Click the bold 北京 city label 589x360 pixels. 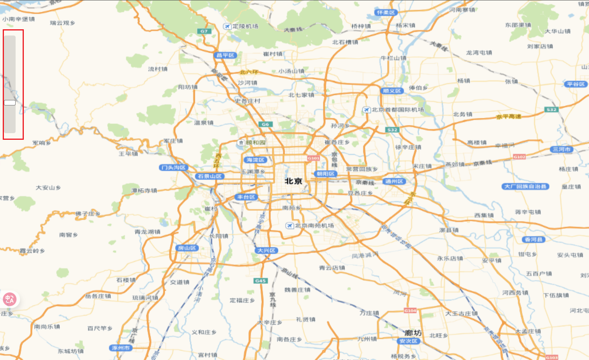[294, 181]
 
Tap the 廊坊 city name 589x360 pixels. [413, 333]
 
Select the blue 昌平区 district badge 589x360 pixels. [226, 55]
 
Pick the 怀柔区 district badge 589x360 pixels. [386, 12]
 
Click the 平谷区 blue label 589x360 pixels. [576, 84]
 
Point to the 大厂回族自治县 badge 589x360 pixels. [525, 187]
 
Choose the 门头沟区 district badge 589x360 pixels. [174, 168]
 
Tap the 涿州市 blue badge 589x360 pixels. [121, 348]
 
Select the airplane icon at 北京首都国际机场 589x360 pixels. [366, 110]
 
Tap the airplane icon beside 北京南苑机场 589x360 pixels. [289, 226]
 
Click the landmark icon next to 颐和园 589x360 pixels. [241, 143]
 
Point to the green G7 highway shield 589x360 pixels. [204, 31]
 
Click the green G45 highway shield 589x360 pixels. [260, 281]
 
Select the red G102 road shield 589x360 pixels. [519, 157]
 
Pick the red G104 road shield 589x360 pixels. [410, 310]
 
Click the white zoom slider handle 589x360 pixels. [10, 103]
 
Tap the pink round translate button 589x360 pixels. [9, 299]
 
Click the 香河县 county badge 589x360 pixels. [534, 239]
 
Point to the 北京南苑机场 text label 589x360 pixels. [314, 226]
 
